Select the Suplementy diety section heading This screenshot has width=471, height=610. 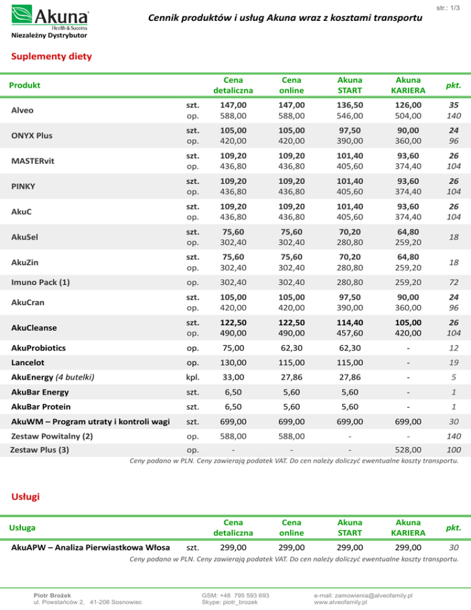coord(52,57)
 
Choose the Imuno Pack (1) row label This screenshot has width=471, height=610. coord(40,283)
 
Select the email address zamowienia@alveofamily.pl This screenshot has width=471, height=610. coord(362,595)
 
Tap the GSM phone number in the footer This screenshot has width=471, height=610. coord(235,595)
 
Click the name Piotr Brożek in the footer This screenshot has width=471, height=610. coord(52,595)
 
